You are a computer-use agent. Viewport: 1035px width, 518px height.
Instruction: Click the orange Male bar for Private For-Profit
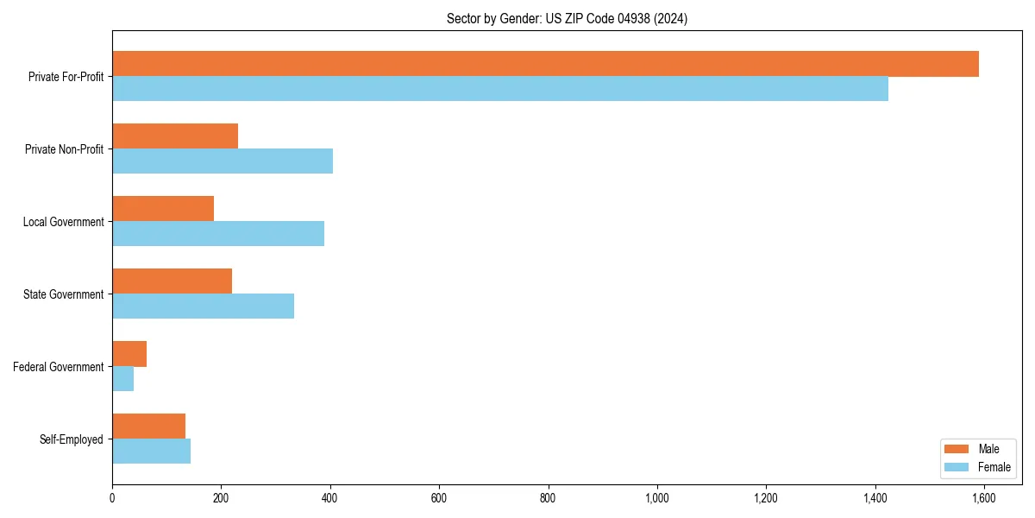click(x=545, y=64)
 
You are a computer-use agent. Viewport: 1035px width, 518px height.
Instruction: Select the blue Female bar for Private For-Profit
click(x=500, y=89)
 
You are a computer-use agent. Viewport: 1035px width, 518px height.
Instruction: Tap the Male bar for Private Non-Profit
click(x=175, y=136)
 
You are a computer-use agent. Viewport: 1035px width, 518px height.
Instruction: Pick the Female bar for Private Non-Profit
click(x=223, y=161)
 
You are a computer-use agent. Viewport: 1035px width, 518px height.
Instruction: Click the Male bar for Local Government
click(x=163, y=209)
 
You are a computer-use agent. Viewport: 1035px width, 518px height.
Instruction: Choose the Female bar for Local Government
click(x=218, y=234)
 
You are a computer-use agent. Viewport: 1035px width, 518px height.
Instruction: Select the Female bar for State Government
click(x=203, y=306)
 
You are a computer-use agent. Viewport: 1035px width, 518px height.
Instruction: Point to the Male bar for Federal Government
click(x=129, y=354)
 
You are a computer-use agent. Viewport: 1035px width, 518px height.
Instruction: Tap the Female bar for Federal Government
click(x=122, y=379)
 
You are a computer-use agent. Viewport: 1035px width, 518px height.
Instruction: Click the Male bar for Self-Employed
click(x=148, y=426)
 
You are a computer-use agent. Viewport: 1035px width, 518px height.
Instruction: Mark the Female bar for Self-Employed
click(x=151, y=452)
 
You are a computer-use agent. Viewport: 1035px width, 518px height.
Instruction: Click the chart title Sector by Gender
click(x=567, y=19)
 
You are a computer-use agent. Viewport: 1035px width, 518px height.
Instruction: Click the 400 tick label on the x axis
click(x=330, y=498)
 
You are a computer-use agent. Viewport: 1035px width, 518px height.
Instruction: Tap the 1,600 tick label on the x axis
click(x=984, y=498)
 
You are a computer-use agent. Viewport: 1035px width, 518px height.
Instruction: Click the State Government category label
click(x=63, y=294)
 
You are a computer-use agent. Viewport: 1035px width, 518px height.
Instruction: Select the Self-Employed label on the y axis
click(x=71, y=439)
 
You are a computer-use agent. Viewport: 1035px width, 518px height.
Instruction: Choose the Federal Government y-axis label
click(x=59, y=367)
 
